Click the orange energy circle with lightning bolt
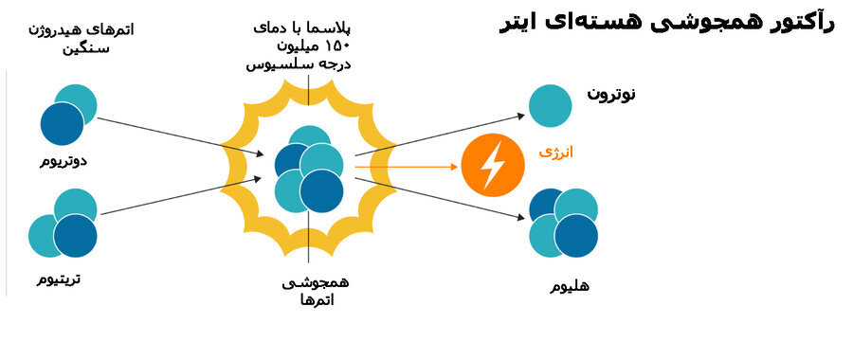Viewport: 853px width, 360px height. (x=493, y=166)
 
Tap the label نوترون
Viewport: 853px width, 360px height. (x=611, y=94)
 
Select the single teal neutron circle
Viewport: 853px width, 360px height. (x=550, y=105)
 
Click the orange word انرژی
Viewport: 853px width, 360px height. (x=556, y=152)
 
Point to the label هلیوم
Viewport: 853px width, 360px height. (x=570, y=285)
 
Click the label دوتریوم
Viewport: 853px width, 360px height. (x=64, y=160)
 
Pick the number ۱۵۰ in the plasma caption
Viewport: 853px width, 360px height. (x=336, y=45)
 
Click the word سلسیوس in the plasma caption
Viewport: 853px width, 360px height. (x=277, y=64)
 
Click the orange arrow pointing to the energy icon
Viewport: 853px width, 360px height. (x=408, y=167)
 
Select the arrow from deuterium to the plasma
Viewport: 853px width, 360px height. (x=180, y=136)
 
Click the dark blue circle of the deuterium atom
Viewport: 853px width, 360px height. (x=63, y=124)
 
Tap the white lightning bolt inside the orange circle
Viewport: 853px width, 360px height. (x=493, y=166)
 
